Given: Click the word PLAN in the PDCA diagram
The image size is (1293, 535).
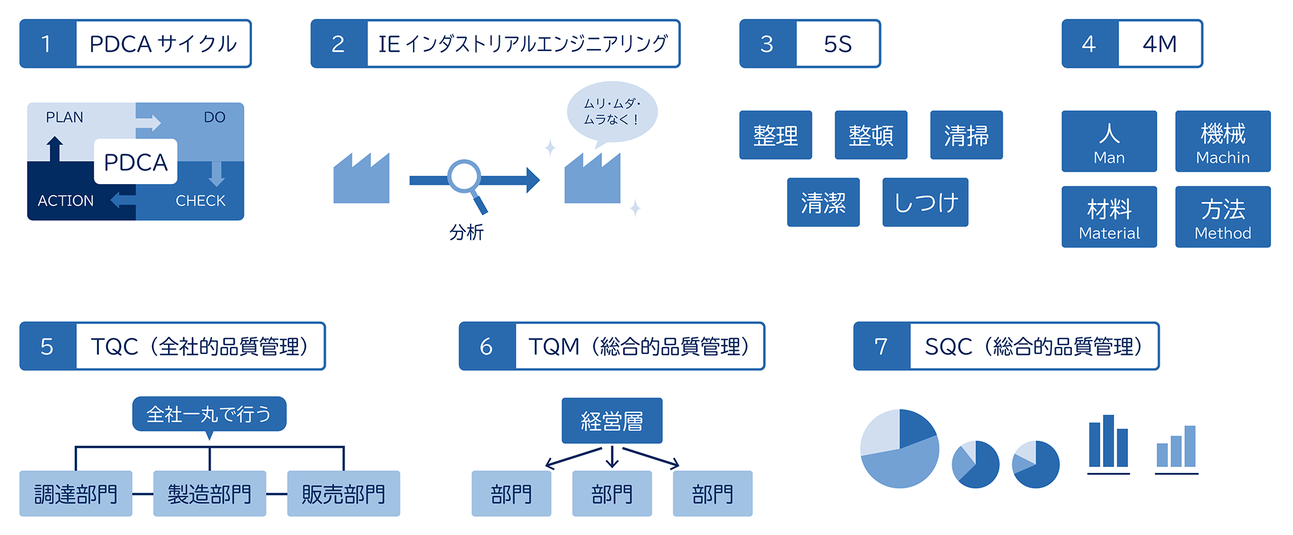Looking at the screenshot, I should [x=65, y=118].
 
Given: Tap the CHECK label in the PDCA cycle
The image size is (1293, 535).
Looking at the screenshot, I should [x=200, y=201].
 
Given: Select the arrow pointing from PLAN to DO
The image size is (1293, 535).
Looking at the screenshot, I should [x=149, y=123].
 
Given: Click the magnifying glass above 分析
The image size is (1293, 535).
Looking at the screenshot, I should [x=465, y=178].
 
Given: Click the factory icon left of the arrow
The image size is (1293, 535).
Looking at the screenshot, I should [x=361, y=179].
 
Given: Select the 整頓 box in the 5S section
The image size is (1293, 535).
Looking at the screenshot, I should [x=871, y=135].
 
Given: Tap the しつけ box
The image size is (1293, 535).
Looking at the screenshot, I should [x=925, y=202].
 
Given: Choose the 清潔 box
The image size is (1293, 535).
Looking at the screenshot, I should [x=823, y=202].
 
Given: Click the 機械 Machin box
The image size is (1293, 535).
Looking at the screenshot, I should [x=1223, y=142].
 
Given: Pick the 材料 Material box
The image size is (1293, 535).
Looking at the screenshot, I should [x=1109, y=217].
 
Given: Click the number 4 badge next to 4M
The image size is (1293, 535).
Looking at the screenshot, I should [x=1089, y=44].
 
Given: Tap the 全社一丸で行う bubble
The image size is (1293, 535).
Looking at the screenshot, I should [x=209, y=414].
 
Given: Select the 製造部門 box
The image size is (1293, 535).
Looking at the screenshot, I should [x=209, y=494].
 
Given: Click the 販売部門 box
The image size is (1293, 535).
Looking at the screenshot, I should [x=343, y=494].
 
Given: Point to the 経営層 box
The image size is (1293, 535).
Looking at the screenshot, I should [x=612, y=421].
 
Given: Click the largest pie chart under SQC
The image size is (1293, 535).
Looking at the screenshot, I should [x=899, y=448].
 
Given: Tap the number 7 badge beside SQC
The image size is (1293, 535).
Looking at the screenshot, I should [x=881, y=346].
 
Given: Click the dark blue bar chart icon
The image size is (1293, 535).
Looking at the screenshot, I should [x=1108, y=443].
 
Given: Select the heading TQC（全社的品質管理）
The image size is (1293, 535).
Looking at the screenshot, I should [x=200, y=346].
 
